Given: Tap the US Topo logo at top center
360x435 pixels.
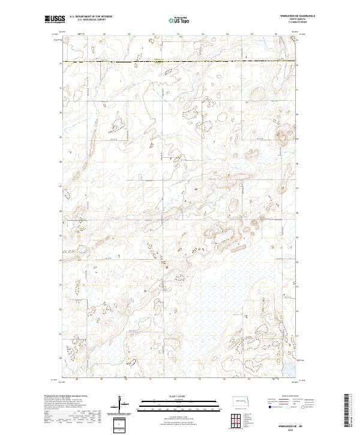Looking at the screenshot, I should (179, 20).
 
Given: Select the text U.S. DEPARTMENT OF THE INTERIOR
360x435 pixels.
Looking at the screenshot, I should (91, 17).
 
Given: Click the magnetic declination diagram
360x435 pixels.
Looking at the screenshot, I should (122, 404).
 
